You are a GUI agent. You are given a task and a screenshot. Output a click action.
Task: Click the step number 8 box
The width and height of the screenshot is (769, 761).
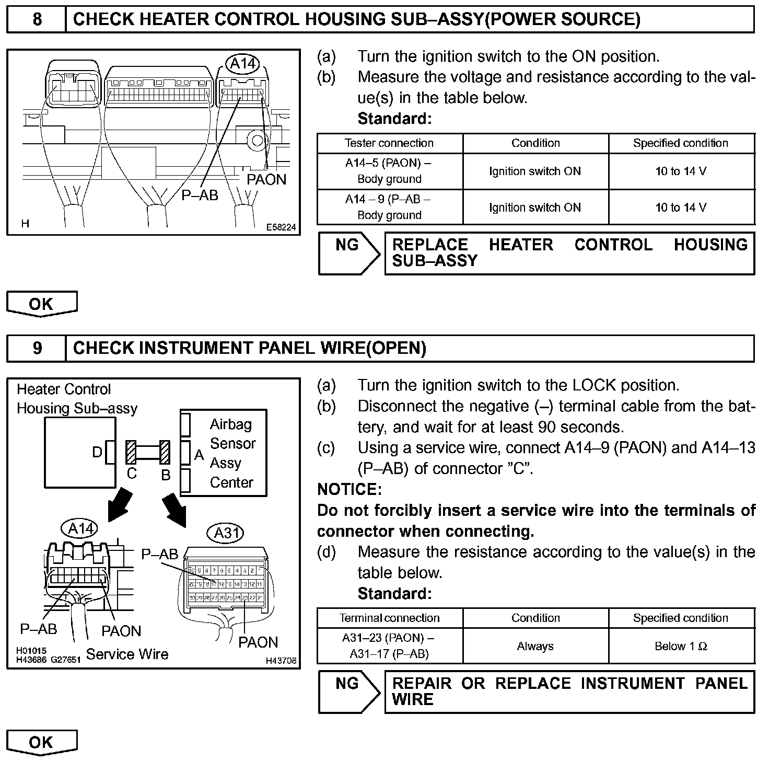pos(37,20)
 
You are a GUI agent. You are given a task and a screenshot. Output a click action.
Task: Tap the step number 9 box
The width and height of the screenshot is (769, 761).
pos(37,349)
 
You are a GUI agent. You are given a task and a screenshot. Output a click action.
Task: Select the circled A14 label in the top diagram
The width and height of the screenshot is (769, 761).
pos(243,64)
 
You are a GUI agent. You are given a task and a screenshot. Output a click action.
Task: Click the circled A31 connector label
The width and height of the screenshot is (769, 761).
pos(227,533)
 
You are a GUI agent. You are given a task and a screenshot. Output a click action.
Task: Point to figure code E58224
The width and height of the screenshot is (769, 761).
pos(281,227)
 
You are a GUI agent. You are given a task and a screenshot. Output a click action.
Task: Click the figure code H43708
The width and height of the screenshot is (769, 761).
pos(281,661)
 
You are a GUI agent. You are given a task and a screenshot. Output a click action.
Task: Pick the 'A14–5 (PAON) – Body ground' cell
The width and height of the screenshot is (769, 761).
pos(389,171)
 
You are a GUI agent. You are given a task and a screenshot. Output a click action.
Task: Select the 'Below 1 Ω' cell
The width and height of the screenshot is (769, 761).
pos(681,646)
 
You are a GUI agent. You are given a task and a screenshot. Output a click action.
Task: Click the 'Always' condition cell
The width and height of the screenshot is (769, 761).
pos(535,646)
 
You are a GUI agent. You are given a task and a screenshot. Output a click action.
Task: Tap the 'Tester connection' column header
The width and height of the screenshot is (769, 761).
pos(389,143)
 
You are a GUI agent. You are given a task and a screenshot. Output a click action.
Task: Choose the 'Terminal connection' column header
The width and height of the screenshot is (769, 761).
pos(389,618)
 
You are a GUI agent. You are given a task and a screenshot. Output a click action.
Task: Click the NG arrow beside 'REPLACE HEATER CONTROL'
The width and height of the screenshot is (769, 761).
pos(350,253)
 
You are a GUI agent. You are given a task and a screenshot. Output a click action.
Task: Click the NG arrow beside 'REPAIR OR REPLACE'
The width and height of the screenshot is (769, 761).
pos(350,692)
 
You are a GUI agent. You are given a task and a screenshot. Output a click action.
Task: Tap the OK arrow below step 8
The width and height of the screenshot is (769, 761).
pos(42,304)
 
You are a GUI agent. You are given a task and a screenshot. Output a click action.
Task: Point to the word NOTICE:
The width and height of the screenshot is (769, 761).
pos(349,490)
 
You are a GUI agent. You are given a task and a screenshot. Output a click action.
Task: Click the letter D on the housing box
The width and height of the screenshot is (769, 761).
pos(97,452)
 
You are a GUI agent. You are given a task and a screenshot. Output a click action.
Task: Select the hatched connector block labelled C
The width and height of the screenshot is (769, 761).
pos(131,453)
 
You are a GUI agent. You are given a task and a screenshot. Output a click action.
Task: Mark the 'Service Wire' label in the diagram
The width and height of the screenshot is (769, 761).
pos(127,654)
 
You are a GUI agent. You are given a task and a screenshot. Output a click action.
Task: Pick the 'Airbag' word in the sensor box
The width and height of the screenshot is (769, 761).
pos(230,424)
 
